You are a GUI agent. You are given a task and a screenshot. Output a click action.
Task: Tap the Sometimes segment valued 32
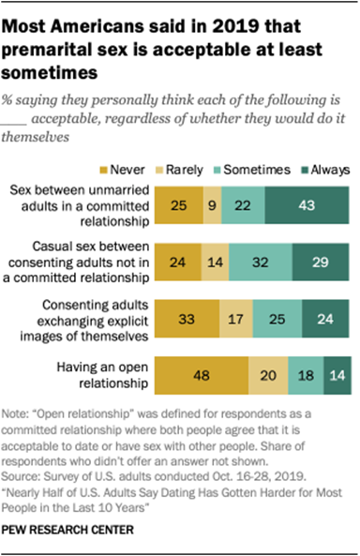pyautogui.click(x=261, y=261)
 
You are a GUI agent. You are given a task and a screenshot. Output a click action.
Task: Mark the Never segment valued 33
pyautogui.click(x=187, y=319)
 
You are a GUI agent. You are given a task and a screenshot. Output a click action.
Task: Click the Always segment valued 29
pyautogui.click(x=322, y=261)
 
